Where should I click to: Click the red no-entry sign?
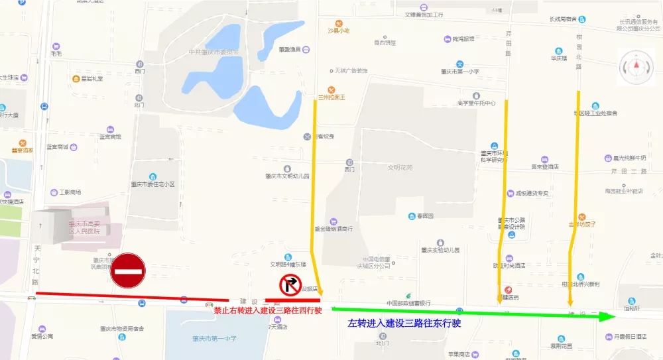128,270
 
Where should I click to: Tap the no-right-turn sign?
290,286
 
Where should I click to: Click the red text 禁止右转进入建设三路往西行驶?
268,310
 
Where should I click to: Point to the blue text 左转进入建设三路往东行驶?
404,324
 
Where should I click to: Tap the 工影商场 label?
70,192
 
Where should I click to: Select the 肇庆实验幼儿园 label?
440,250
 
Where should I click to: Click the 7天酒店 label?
278,327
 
